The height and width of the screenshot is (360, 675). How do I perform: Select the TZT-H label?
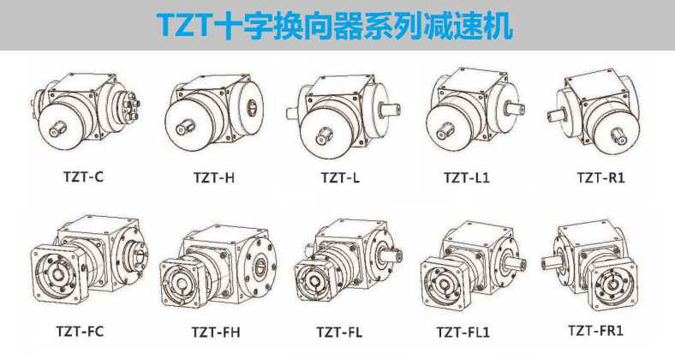tap(214, 179)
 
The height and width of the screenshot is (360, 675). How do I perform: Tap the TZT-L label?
tap(341, 179)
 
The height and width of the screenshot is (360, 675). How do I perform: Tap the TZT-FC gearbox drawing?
tap(86, 261)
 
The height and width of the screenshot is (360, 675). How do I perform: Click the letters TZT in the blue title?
tap(187, 26)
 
